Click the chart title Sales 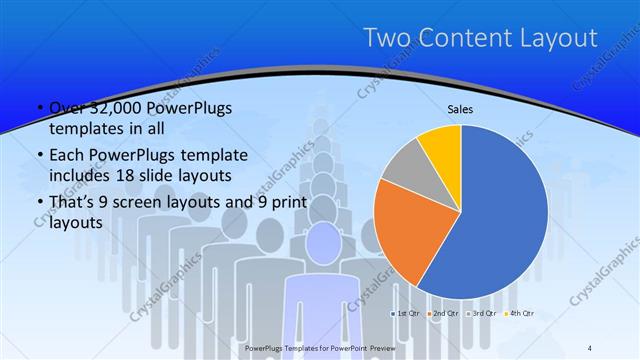point(460,110)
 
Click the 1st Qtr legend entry point(404,313)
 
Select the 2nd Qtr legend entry point(442,313)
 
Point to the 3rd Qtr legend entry point(480,313)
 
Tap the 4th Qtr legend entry point(517,313)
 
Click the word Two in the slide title point(385,38)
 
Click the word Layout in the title point(560,38)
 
